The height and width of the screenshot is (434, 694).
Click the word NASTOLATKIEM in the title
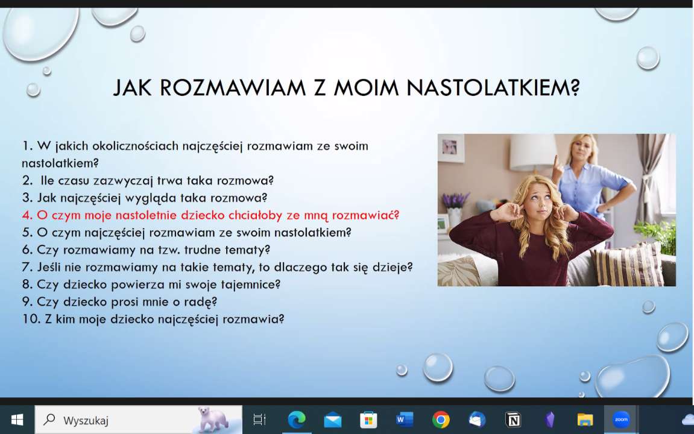coord(493,87)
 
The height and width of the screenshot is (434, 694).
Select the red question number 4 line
coord(210,215)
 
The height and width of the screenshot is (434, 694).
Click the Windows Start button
coord(17,420)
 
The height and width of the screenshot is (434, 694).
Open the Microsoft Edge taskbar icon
coord(297,420)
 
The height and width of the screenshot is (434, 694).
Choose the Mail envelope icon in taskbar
coord(332,420)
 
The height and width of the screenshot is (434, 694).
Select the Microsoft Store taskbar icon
coord(368,420)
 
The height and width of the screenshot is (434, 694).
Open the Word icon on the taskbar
coord(405,420)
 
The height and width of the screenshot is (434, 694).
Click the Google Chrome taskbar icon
coord(441,420)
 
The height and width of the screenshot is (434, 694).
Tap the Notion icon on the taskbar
coord(513,420)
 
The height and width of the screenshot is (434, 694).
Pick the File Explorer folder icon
coord(585,420)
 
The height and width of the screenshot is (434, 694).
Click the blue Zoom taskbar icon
coord(621,420)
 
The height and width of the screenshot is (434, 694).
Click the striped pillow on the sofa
coord(628,265)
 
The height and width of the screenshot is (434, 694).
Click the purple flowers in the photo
coord(456,200)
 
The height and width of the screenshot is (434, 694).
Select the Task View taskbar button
coord(259,420)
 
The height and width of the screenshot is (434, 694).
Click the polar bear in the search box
coord(211,419)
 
